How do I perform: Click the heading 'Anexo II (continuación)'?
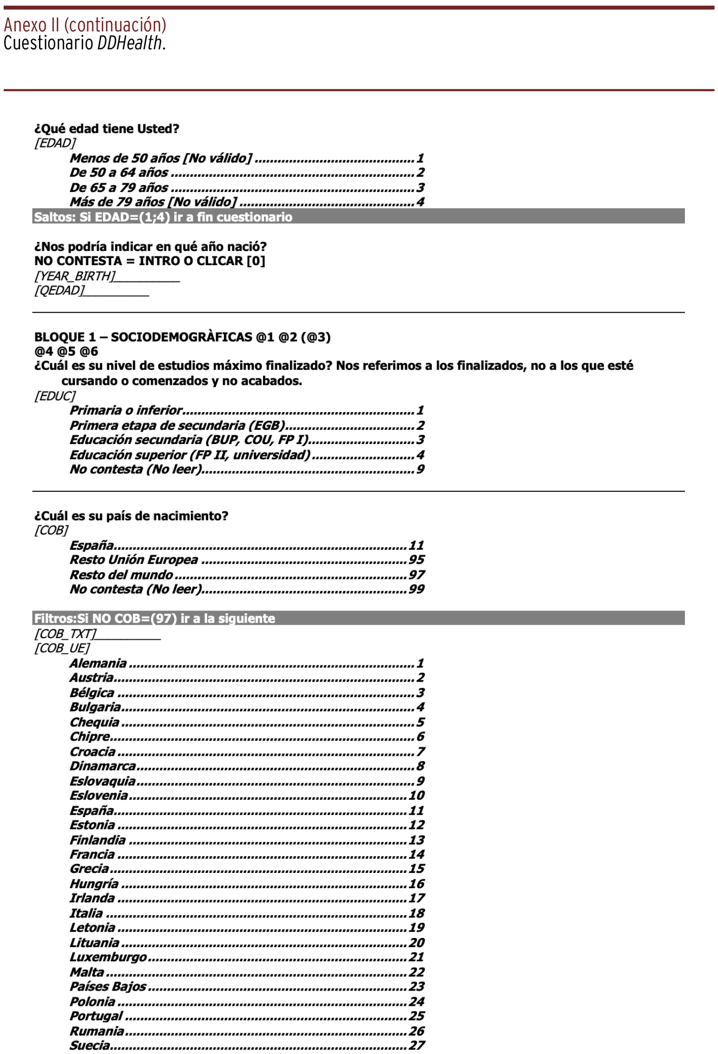coord(85,25)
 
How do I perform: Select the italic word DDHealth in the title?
coord(130,43)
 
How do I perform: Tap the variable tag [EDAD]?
coord(55,143)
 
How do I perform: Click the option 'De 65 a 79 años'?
coord(119,188)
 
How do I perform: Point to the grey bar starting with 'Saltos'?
coord(358,217)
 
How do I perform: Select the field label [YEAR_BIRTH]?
coord(75,276)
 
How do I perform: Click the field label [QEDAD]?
coord(60,291)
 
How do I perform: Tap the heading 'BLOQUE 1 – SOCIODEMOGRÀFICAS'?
coord(182,337)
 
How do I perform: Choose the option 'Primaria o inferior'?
coord(126,410)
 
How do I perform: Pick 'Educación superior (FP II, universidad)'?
coord(190,455)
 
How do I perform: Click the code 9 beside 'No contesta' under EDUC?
coord(420,470)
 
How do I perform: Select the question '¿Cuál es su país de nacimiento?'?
coord(131,516)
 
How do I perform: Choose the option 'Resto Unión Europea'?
coord(134,560)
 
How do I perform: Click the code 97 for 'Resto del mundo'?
coord(416,575)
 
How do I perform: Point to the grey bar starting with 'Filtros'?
coord(358,618)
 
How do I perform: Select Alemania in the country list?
coord(98,663)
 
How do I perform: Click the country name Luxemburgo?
coord(108,957)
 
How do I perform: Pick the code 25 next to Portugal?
coord(416,1016)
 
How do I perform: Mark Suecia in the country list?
coord(89,1045)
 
